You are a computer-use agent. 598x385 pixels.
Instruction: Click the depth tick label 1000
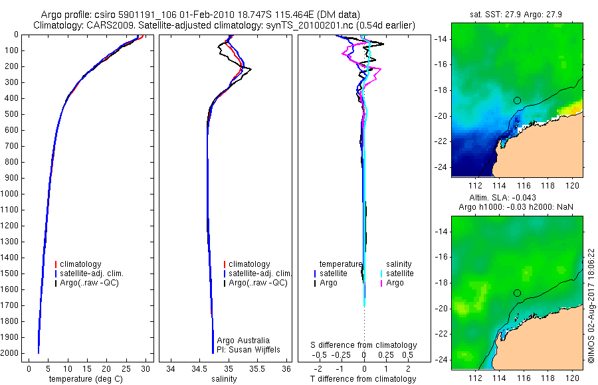pos(10,194)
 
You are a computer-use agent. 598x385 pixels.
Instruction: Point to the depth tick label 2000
pos(10,353)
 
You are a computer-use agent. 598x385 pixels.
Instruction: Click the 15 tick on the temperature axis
pos(87,368)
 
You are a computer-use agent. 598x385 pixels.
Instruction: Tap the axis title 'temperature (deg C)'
pos(86,379)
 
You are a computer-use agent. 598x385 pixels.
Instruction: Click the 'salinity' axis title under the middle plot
pos(224,379)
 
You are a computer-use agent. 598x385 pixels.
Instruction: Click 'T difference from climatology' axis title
pos(363,379)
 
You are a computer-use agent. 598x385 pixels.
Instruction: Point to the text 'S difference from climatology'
pos(363,345)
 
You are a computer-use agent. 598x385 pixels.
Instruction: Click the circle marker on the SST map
pos(517,101)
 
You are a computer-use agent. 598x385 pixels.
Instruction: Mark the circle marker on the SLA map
pos(517,293)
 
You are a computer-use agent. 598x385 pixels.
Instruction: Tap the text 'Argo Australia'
pos(243,341)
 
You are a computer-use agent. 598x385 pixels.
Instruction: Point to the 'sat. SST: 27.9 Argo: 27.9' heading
pos(516,15)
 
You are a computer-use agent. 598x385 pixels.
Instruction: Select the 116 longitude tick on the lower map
pos(524,378)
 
